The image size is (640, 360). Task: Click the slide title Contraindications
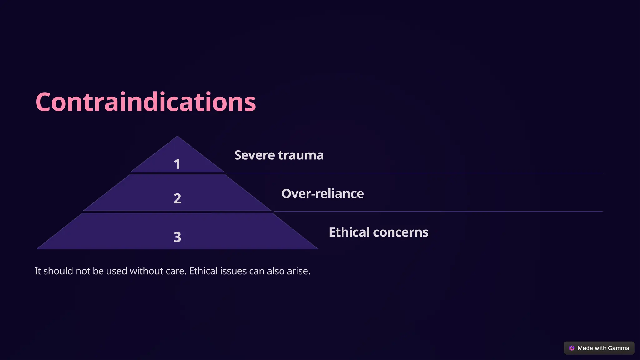click(x=146, y=102)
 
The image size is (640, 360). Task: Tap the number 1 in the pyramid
click(x=177, y=164)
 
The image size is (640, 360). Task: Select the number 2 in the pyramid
click(x=177, y=198)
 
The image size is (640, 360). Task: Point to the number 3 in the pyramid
click(x=177, y=237)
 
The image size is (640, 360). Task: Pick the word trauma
click(x=301, y=155)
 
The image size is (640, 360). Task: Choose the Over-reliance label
click(x=322, y=194)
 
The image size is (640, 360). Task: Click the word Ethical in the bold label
click(x=349, y=232)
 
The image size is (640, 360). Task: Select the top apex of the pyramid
click(x=177, y=137)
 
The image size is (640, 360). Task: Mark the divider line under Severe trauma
click(x=414, y=173)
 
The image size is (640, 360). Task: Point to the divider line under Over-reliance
click(x=437, y=212)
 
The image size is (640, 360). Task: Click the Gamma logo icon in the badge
click(x=572, y=348)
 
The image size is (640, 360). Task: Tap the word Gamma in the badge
click(x=618, y=348)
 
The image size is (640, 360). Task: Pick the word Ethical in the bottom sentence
click(x=203, y=271)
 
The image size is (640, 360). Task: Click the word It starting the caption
click(x=38, y=271)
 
